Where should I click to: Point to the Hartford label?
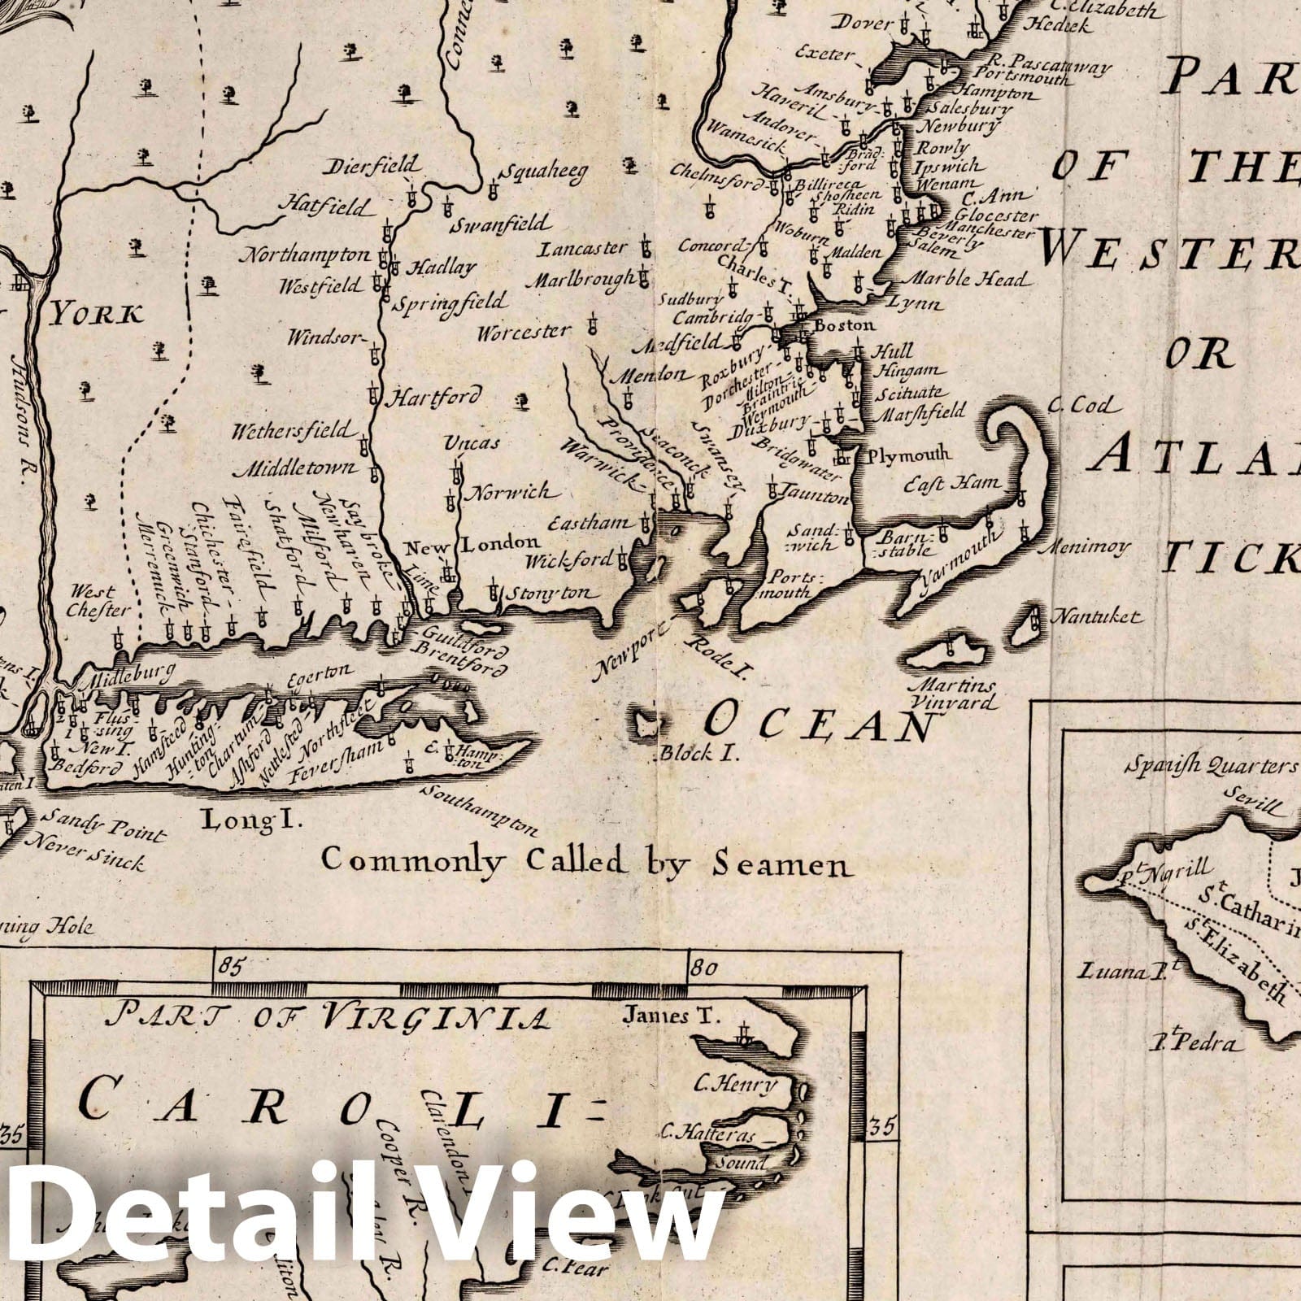tap(433, 398)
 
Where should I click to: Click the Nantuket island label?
tap(1095, 617)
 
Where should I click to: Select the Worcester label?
tap(524, 333)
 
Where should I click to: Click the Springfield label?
tap(450, 303)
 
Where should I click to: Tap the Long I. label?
tap(251, 820)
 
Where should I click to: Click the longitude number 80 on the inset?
tap(703, 968)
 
